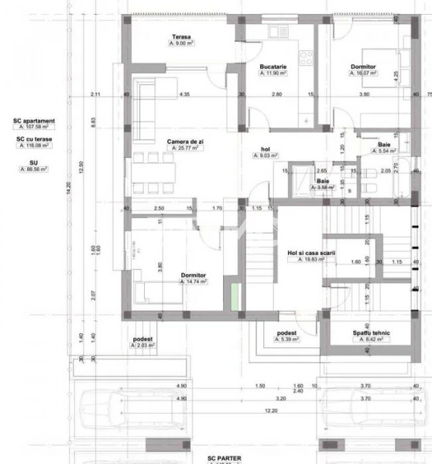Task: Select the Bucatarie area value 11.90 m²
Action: [274, 75]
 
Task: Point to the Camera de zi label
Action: [183, 142]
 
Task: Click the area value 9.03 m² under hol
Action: [267, 155]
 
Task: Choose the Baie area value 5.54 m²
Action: [385, 152]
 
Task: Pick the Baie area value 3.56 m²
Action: [323, 187]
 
